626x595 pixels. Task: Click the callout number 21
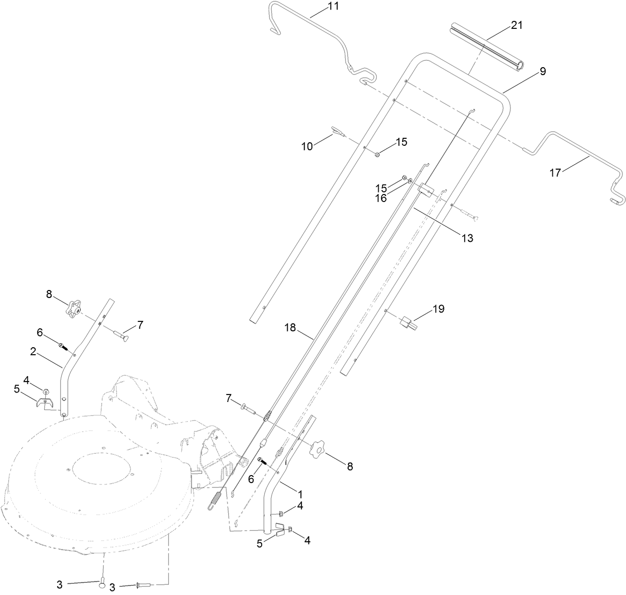(517, 25)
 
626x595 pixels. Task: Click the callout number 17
(555, 173)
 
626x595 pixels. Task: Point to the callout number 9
(542, 71)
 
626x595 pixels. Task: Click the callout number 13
(466, 238)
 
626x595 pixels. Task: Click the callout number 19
(438, 309)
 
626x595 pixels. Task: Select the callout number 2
(33, 351)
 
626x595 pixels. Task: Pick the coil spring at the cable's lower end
(214, 499)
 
